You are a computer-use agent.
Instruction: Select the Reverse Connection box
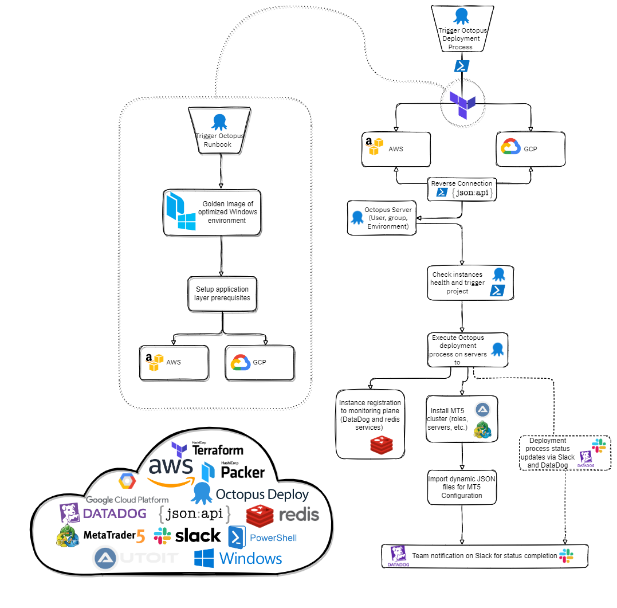(462, 189)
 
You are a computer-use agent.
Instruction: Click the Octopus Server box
(382, 218)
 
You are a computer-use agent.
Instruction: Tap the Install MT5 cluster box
(462, 419)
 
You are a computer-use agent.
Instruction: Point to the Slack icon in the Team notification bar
(566, 555)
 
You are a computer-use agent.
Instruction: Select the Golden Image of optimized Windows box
(213, 212)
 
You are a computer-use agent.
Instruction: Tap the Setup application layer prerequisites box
(222, 294)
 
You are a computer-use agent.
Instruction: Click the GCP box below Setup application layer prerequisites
(260, 362)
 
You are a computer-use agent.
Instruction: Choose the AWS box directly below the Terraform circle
(396, 149)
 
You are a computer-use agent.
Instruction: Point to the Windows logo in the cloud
(238, 558)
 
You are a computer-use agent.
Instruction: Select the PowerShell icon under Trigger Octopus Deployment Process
(462, 66)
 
